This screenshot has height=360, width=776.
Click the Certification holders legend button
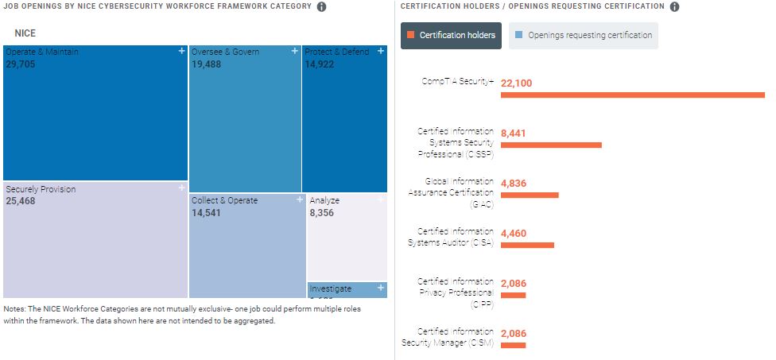451,35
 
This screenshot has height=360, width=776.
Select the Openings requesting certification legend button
584,35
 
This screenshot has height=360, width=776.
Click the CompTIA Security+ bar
632,95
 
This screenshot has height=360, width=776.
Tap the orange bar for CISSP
551,145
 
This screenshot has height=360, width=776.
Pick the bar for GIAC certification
530,195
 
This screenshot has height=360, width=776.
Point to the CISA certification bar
527,245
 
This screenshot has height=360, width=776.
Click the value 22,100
516,83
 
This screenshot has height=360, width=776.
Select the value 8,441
514,133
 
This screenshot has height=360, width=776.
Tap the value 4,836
514,183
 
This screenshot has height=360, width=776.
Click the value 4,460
514,233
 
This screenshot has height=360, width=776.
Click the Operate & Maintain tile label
42,52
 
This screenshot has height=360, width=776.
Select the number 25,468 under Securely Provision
21,201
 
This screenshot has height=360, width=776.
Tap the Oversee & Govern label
226,52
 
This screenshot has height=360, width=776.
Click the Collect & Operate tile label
225,200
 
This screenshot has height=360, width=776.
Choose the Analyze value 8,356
323,213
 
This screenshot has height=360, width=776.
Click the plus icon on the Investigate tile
381,288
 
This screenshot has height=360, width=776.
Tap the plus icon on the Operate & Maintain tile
182,51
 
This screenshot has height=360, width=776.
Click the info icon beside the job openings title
321,6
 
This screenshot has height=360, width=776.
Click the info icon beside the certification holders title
674,6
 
